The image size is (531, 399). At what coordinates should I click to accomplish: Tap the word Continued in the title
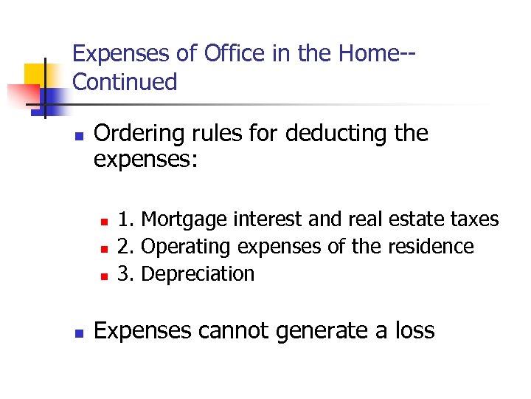click(x=125, y=82)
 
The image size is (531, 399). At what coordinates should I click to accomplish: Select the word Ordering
click(x=141, y=134)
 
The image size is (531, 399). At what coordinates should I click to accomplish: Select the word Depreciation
click(x=198, y=273)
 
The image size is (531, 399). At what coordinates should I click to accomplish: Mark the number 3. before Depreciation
click(x=126, y=273)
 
